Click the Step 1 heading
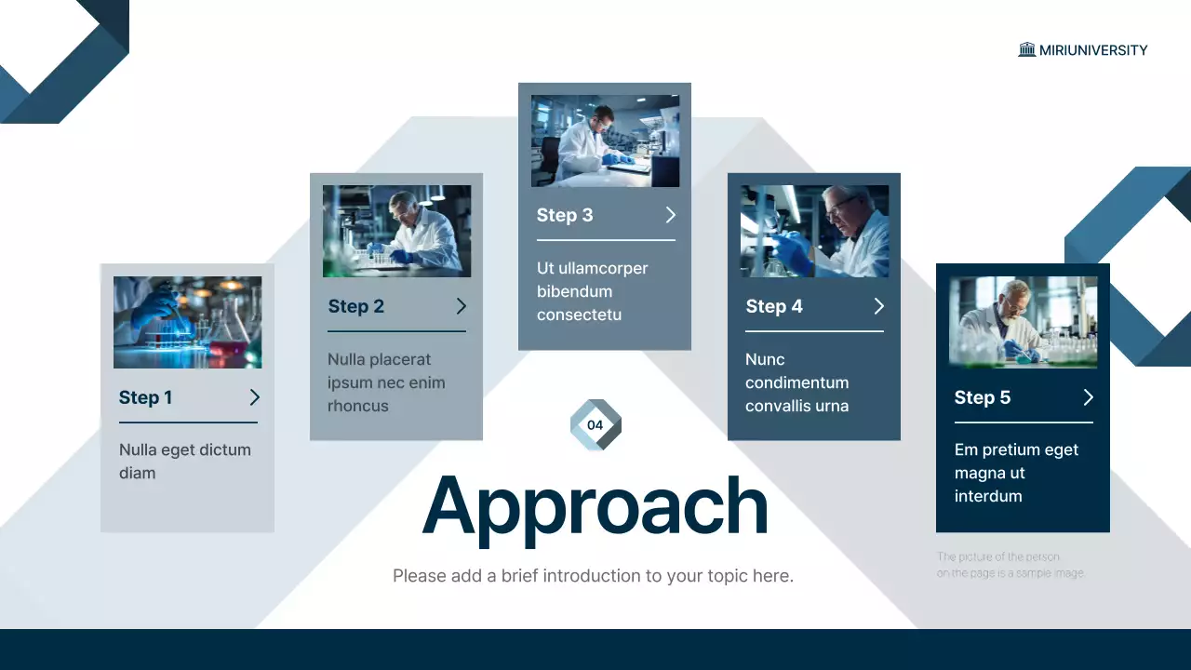[146, 397]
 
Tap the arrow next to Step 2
[461, 306]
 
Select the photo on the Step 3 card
[605, 141]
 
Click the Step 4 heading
[774, 306]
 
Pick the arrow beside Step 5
[1088, 397]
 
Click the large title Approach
[595, 505]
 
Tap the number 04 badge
[595, 425]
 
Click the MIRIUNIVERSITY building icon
[1027, 50]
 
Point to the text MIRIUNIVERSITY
[1093, 50]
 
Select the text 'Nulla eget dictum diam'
[185, 461]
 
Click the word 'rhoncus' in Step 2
[358, 406]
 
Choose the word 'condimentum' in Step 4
[797, 382]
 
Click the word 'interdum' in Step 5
[988, 496]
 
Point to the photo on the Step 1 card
[187, 322]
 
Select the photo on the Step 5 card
[1023, 322]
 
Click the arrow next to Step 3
[670, 215]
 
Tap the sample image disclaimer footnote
[1010, 565]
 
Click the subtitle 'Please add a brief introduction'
[593, 576]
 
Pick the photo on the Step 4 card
[814, 231]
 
